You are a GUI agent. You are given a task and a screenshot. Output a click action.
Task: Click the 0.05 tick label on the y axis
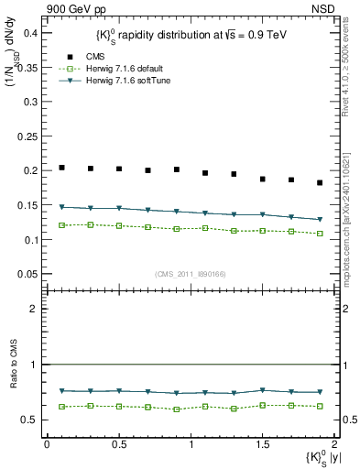point(27,275)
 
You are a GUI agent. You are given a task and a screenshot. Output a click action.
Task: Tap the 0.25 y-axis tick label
point(27,136)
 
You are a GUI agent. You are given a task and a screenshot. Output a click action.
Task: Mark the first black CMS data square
point(61,168)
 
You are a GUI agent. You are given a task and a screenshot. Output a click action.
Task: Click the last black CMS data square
point(320,183)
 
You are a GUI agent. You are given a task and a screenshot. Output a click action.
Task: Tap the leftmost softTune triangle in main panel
point(61,207)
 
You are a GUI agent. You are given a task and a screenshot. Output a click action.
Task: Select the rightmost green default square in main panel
point(320,234)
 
